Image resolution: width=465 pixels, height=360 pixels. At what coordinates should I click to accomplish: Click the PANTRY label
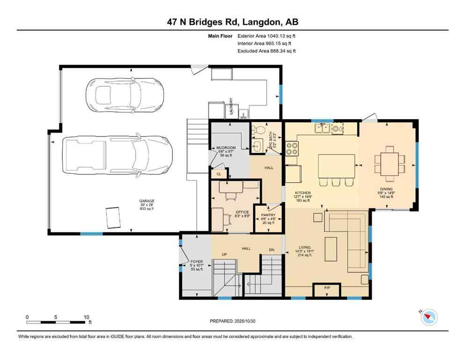pos(268,215)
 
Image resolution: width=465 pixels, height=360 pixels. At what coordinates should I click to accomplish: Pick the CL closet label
pos(218,174)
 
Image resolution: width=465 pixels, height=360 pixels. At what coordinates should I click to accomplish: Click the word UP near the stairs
pos(224,255)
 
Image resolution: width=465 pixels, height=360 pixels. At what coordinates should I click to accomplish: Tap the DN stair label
pos(272,249)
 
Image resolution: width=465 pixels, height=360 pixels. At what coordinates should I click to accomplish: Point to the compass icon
pos(428,317)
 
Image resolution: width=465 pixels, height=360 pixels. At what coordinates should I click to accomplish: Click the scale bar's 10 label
pos(86,317)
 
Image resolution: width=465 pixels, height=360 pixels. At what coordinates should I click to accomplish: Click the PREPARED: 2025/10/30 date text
pos(232,321)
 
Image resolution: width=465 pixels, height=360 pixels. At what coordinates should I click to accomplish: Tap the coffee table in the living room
pos(332,248)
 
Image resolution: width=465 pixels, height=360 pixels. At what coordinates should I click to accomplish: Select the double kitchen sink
pos(322,127)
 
